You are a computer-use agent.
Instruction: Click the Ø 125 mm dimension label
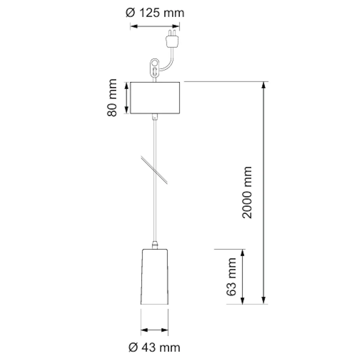click(x=155, y=13)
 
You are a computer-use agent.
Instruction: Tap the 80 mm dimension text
click(x=112, y=98)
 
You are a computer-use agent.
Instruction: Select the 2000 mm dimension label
click(x=247, y=192)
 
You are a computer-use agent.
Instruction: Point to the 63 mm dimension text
click(x=231, y=277)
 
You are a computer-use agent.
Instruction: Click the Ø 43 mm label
click(x=154, y=347)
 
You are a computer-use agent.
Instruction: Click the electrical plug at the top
click(x=172, y=38)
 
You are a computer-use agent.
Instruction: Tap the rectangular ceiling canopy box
click(x=155, y=98)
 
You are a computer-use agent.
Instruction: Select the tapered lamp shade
click(x=154, y=277)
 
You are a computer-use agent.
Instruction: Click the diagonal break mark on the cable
click(x=154, y=170)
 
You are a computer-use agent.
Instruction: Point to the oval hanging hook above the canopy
click(x=154, y=67)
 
